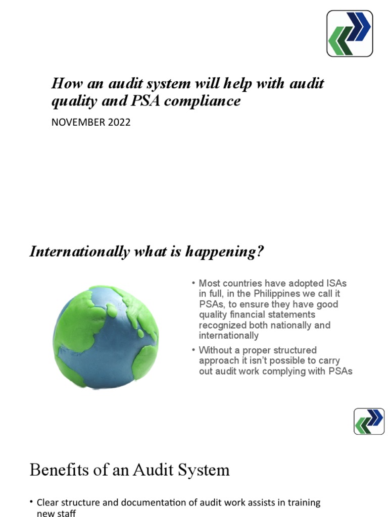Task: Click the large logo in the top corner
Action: pyautogui.click(x=350, y=33)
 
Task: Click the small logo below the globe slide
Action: pyautogui.click(x=369, y=422)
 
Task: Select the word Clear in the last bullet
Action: pyautogui.click(x=48, y=503)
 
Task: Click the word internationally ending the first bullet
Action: pyautogui.click(x=229, y=336)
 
